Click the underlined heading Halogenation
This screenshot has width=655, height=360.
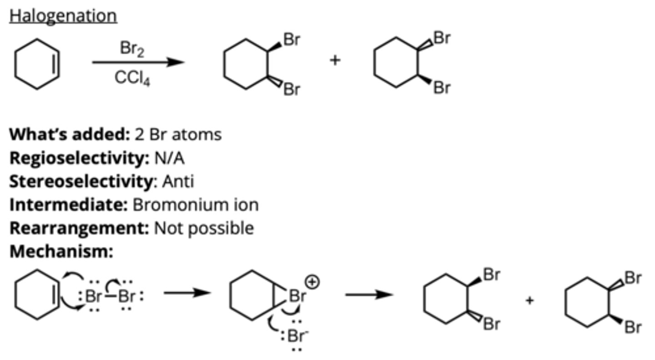[x=63, y=16]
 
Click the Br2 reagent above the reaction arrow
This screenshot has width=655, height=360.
[x=132, y=49]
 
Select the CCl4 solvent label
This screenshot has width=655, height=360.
[x=132, y=78]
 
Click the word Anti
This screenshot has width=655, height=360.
[x=178, y=181]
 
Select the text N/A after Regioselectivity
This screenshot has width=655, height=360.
[x=169, y=158]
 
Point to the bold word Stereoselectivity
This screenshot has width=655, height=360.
[x=81, y=181]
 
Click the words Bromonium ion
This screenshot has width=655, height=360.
[x=196, y=205]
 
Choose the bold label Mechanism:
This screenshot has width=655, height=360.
[x=61, y=251]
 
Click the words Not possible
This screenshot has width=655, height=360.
[x=204, y=228]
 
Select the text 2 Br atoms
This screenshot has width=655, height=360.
[x=178, y=135]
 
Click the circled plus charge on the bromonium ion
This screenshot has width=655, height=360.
[x=312, y=282]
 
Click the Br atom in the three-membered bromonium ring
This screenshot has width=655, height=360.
[x=297, y=296]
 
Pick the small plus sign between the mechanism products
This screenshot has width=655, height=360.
[x=529, y=300]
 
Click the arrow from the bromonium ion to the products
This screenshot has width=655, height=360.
[x=368, y=295]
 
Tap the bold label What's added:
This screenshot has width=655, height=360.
[x=70, y=135]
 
